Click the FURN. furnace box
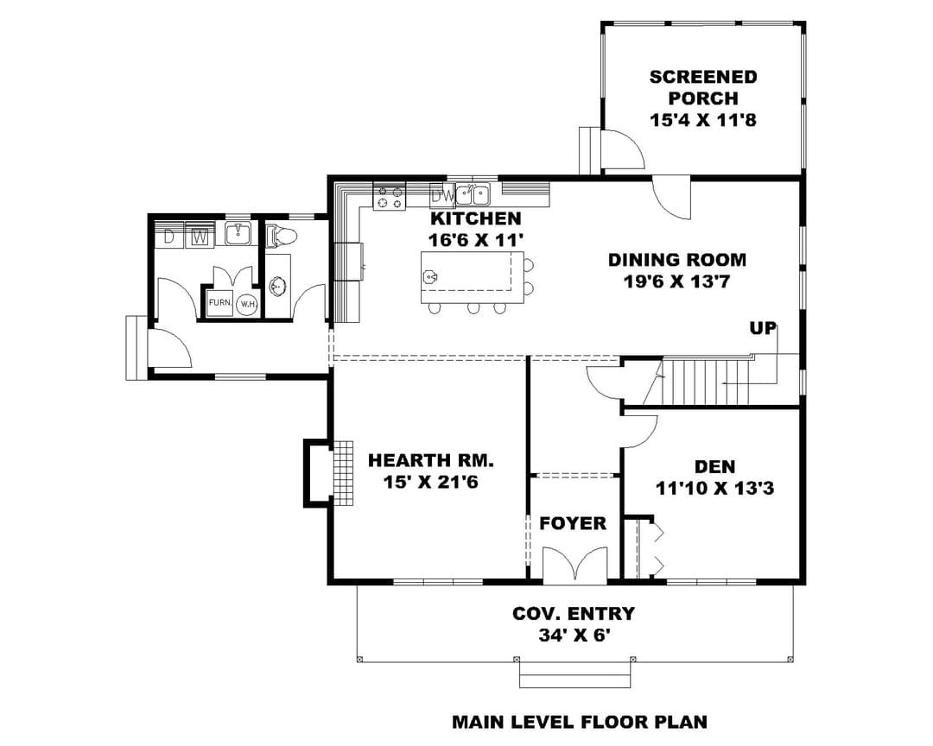coord(219,303)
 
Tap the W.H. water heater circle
coord(247,305)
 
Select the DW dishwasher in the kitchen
coord(441,195)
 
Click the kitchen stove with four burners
coord(389,197)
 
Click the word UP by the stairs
coord(762,328)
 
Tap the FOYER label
coord(573,523)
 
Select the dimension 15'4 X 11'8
coord(702,120)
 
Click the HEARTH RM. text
coord(431,460)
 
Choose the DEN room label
coord(714,467)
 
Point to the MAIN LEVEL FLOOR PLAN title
coord(580,722)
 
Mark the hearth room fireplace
coord(328,473)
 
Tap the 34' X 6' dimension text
coord(574,635)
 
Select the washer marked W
coord(200,236)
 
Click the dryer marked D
coord(169,236)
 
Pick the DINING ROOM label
coord(677,260)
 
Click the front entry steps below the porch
coord(574,673)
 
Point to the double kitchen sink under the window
coord(473,194)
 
